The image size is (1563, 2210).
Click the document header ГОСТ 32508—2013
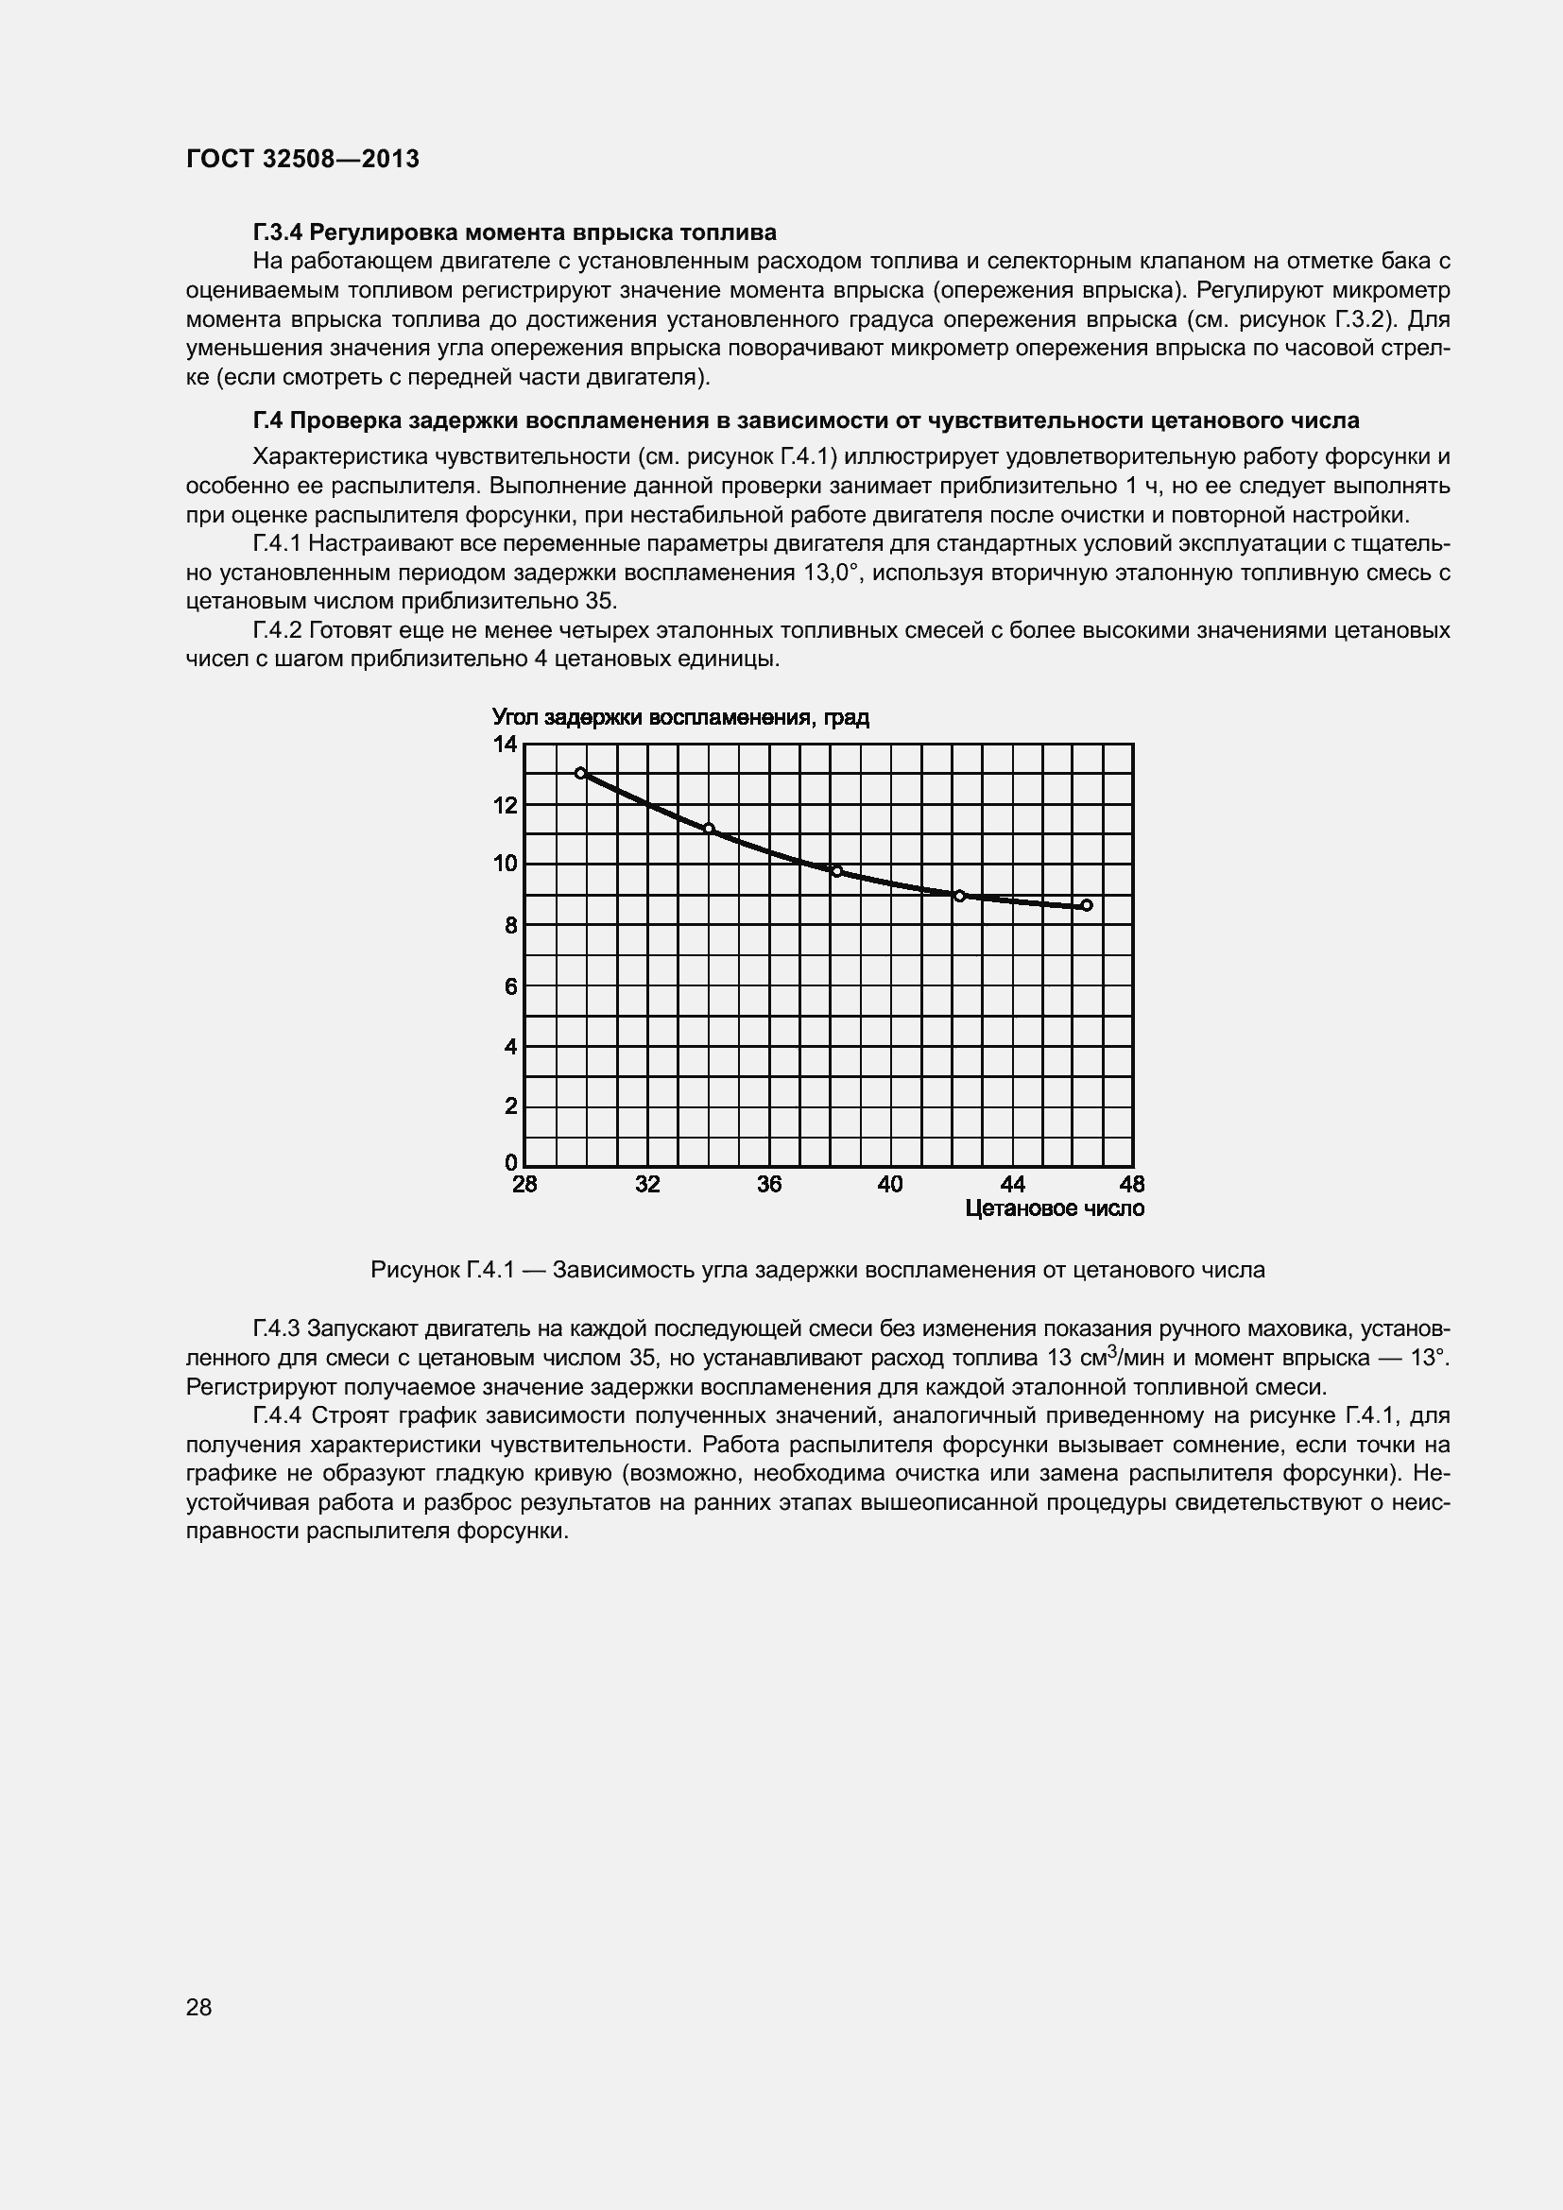[302, 159]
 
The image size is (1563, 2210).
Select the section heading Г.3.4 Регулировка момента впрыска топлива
[514, 232]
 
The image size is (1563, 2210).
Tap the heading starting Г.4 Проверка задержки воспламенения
[805, 420]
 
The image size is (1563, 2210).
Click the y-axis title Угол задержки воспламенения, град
[680, 717]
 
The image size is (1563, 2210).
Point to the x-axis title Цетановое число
[1054, 1208]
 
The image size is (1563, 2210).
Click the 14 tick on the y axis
[506, 744]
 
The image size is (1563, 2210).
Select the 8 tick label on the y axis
[510, 925]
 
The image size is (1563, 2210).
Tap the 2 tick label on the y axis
[510, 1106]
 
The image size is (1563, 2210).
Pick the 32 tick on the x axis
[647, 1184]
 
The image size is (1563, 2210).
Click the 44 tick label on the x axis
[1012, 1184]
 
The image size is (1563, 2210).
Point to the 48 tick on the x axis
[1132, 1184]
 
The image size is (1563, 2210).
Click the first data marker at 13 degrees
[580, 773]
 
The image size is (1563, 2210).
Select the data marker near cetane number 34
[709, 829]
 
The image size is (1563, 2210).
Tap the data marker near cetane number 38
[836, 871]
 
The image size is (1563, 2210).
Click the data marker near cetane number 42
[959, 896]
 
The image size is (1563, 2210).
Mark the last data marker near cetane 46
[1087, 905]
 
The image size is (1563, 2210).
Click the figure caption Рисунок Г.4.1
[817, 1270]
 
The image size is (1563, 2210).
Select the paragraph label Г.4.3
[277, 1328]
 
